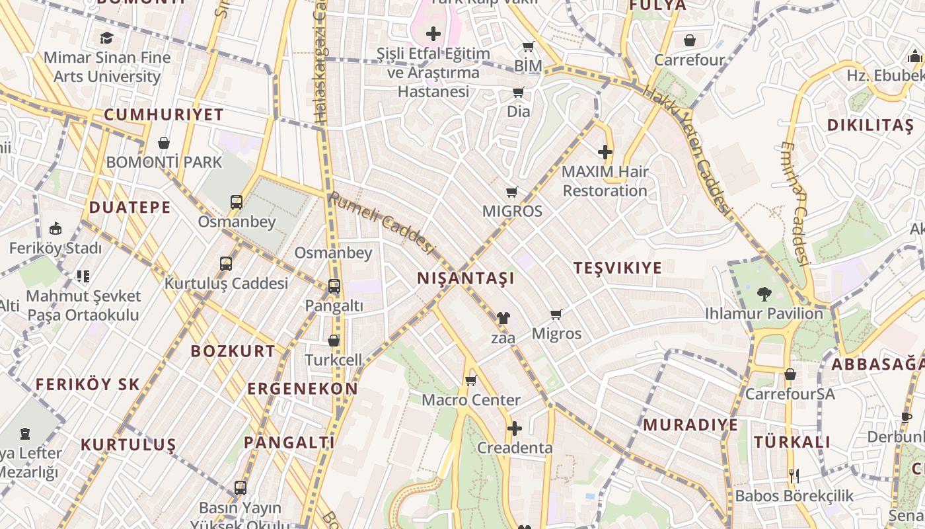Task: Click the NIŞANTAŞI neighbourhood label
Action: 466,278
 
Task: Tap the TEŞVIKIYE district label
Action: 618,268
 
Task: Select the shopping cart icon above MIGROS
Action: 512,192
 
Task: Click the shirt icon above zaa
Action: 503,318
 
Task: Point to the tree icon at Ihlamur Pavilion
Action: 764,293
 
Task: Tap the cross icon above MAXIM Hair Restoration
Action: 605,153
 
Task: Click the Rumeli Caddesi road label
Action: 382,223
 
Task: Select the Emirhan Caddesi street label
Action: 795,204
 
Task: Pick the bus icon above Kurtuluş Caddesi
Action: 226,264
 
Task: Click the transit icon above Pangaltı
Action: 334,286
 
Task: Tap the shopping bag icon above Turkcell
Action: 334,341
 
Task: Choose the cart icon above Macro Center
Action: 471,380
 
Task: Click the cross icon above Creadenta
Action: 515,428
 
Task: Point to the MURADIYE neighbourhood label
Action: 690,425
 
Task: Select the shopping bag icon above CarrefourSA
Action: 790,375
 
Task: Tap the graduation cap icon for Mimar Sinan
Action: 107,38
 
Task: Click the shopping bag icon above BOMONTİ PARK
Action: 164,143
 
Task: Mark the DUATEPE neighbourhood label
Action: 130,208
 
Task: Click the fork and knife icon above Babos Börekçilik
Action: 794,475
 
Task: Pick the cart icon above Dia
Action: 519,93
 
